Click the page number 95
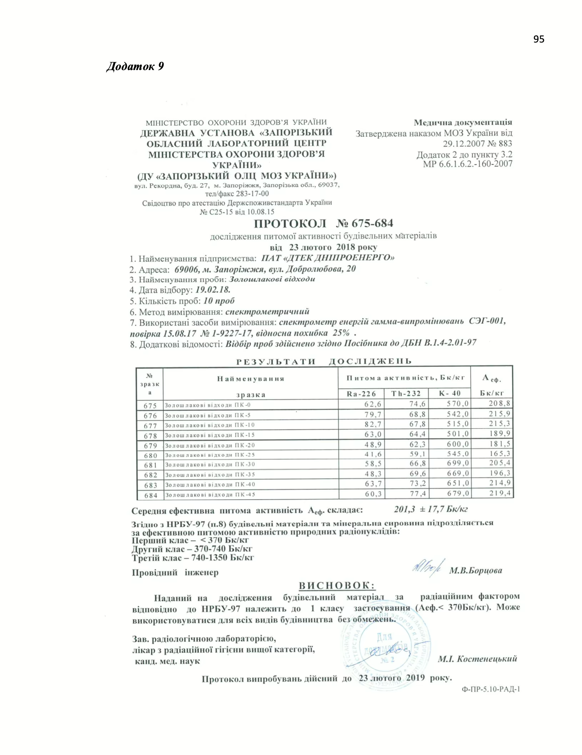pos(539,39)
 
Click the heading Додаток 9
pos(135,66)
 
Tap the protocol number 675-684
pos(372,224)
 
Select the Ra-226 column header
pos(361,394)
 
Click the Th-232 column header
pos(406,394)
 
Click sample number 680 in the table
pos(150,455)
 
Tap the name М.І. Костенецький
pos(477,659)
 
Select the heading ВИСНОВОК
pos(337,586)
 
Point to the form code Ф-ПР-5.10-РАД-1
pos(491,689)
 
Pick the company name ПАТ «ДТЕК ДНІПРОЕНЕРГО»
pos(328,258)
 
